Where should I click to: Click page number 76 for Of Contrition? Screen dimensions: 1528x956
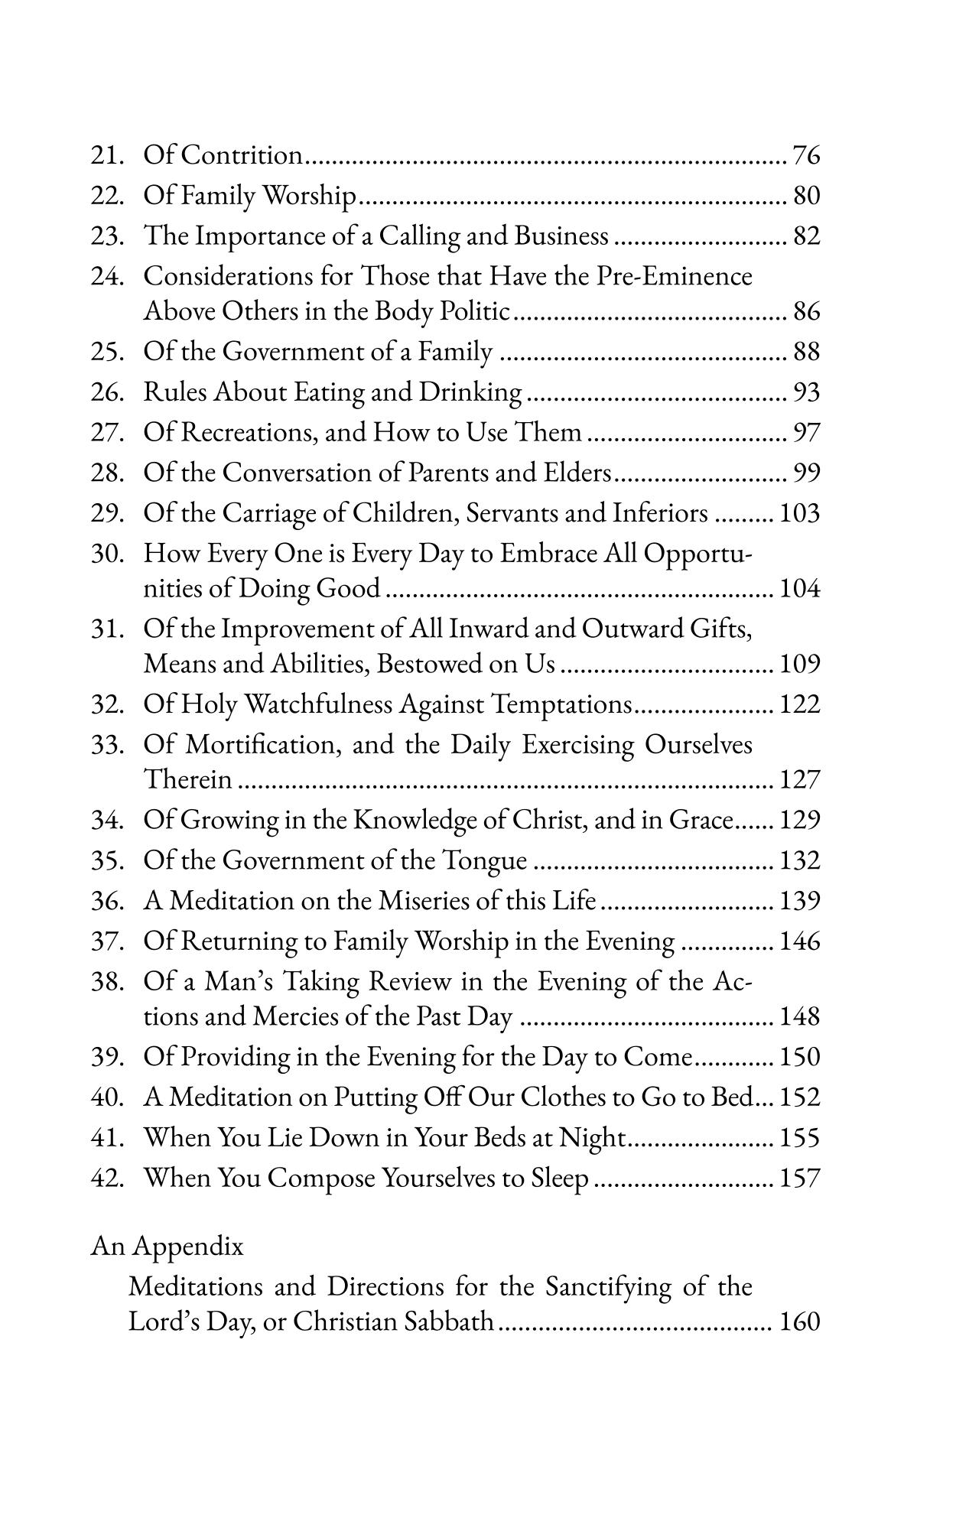(x=806, y=155)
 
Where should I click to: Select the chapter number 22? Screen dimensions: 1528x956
(x=107, y=197)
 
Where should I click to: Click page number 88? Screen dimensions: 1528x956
(x=806, y=352)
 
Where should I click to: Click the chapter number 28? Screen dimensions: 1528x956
(x=107, y=473)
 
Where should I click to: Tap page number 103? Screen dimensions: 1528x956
(x=799, y=513)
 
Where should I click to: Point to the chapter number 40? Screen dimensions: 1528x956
(x=107, y=1097)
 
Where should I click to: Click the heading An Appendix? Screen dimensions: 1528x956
(x=167, y=1247)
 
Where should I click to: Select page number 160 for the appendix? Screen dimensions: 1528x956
(x=799, y=1322)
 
